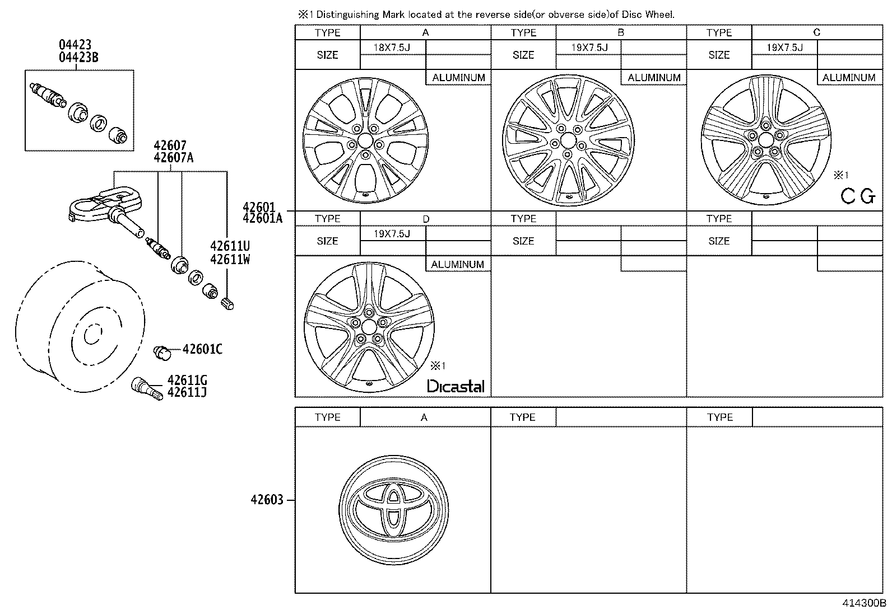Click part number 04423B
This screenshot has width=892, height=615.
[x=79, y=57]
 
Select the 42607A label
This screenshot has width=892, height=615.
[x=173, y=157]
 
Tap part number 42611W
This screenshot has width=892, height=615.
[x=230, y=259]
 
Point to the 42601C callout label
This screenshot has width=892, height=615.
[x=202, y=350]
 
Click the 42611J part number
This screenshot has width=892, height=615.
[x=187, y=392]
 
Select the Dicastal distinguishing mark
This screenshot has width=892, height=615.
[x=456, y=386]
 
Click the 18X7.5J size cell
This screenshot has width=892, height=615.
[x=392, y=48]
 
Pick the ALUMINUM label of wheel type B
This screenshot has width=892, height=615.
[x=654, y=78]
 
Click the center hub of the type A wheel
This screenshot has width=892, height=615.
[x=365, y=140]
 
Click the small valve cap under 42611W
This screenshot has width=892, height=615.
[x=228, y=304]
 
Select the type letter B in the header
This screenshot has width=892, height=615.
[x=620, y=32]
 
